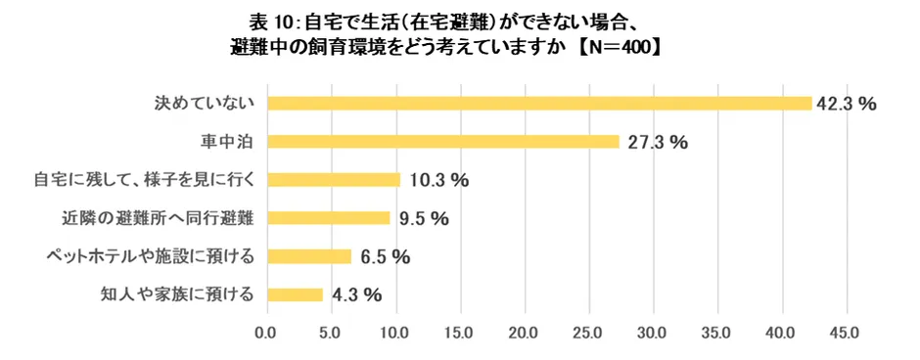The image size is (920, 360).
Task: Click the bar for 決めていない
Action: tap(539, 104)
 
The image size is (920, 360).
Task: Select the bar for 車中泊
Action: tap(443, 142)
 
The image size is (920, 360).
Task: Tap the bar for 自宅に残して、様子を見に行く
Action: tap(334, 180)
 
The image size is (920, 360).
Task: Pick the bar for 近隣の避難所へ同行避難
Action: tap(329, 218)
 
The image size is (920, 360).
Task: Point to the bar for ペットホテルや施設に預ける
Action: tap(309, 256)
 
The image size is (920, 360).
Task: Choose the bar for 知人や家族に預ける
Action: tap(295, 294)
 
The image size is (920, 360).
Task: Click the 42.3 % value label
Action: tap(847, 104)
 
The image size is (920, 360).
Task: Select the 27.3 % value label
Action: tap(658, 142)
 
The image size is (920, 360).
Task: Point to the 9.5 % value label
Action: tap(423, 218)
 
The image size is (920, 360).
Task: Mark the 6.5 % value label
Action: tap(384, 257)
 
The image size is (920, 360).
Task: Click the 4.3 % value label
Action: tap(355, 294)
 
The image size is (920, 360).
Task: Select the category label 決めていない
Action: tap(207, 104)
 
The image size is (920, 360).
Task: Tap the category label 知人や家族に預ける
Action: tap(178, 294)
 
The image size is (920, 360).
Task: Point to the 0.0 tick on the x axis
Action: tap(266, 334)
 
